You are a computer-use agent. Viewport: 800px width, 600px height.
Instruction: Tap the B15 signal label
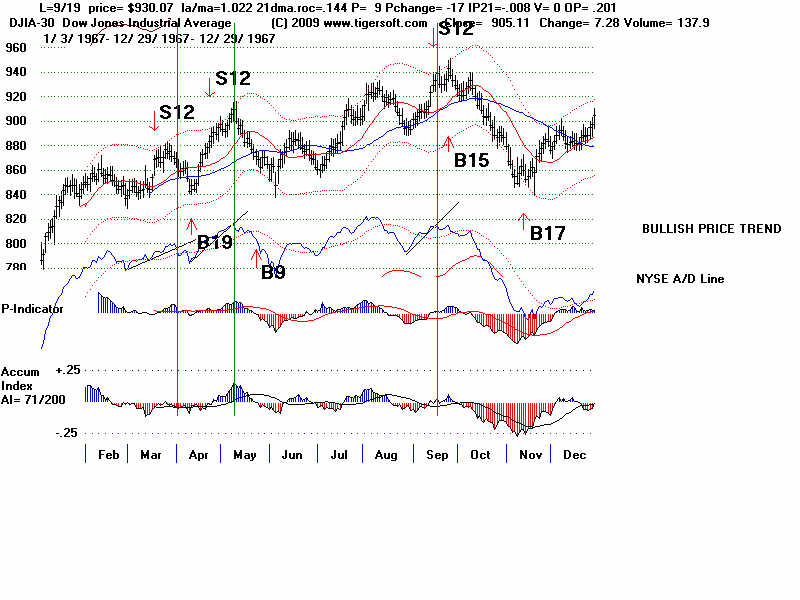(471, 159)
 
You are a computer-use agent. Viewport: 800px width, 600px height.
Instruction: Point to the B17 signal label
(548, 233)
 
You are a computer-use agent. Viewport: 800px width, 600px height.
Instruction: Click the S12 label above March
(177, 112)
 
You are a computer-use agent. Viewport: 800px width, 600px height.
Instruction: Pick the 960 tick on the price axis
(14, 47)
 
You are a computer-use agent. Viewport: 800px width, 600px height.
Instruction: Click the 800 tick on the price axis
(14, 243)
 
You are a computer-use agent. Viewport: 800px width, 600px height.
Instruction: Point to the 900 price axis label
(14, 121)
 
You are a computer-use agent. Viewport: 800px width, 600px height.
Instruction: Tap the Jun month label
(292, 454)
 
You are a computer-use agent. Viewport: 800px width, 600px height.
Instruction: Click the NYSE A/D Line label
(679, 278)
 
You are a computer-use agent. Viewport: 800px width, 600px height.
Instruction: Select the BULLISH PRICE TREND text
(711, 229)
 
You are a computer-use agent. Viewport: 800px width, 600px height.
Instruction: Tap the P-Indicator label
(33, 308)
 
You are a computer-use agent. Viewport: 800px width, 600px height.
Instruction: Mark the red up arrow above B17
(522, 218)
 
